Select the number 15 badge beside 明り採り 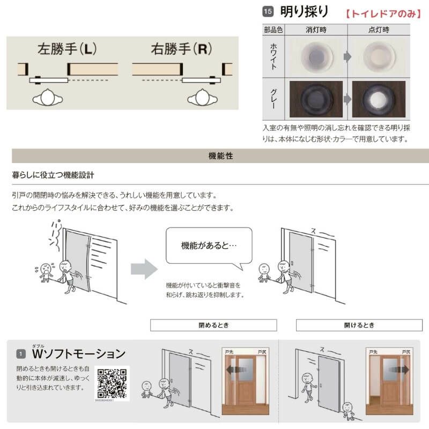point(268,11)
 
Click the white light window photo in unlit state point(316,55)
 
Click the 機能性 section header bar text point(220,156)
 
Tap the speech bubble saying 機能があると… point(209,246)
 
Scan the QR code point(112,382)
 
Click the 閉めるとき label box point(213,325)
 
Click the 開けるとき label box point(359,325)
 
